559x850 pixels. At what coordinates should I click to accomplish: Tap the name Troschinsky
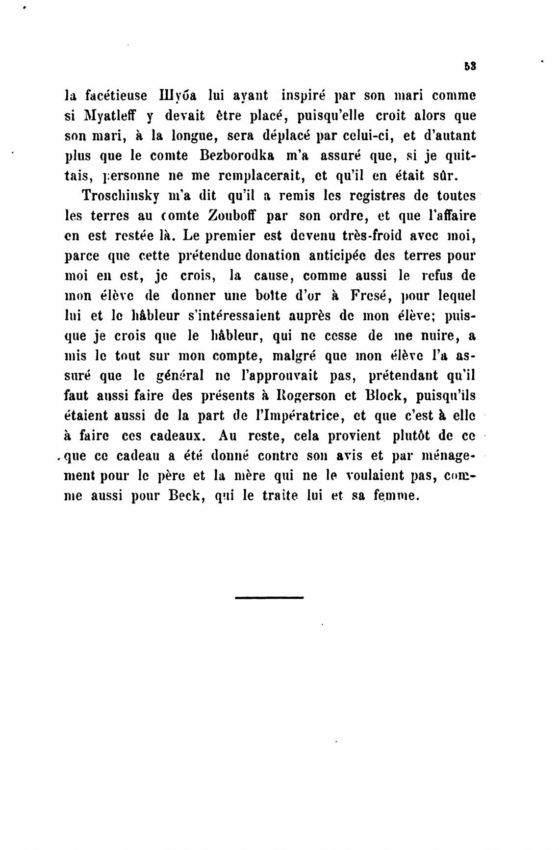(x=121, y=196)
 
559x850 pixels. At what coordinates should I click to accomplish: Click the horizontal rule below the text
(x=269, y=597)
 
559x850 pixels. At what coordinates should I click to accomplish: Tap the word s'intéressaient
(x=244, y=316)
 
